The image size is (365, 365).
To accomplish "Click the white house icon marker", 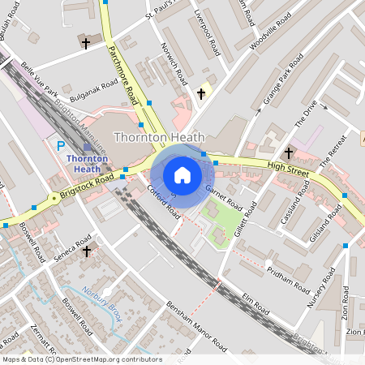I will pyautogui.click(x=182, y=174).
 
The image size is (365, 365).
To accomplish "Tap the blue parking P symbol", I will pyautogui.click(x=61, y=146).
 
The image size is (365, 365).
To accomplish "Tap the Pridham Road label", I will pyautogui.click(x=288, y=281).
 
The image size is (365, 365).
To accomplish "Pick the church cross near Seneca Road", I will pyautogui.click(x=87, y=251).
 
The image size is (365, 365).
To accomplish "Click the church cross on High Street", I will pyautogui.click(x=289, y=152).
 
